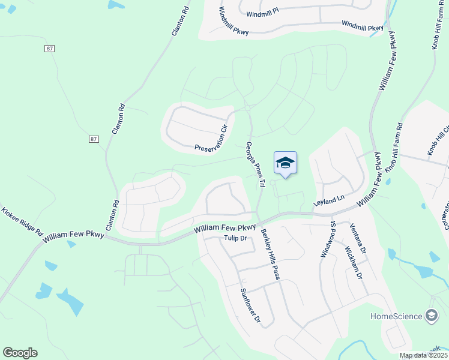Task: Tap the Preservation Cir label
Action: (213, 139)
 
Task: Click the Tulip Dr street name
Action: (235, 238)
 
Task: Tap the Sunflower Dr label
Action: (250, 306)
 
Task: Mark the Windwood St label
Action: (328, 239)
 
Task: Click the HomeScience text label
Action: (396, 316)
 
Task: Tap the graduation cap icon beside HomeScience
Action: (431, 316)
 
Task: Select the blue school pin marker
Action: (285, 163)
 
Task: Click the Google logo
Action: (20, 353)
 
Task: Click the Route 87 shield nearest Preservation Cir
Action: (93, 139)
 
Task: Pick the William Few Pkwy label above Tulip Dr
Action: (226, 229)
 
